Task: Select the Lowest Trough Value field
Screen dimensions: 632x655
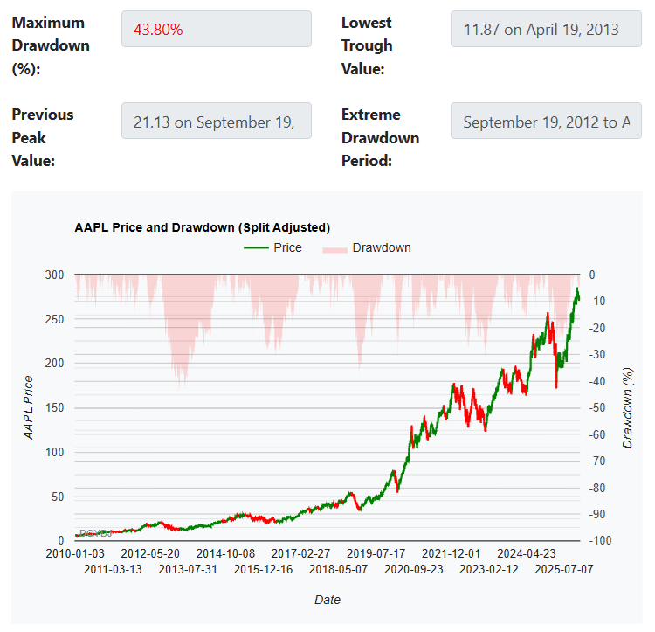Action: pos(546,29)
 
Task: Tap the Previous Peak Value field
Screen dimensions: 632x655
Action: pos(216,122)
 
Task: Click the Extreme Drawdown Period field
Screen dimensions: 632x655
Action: pos(546,122)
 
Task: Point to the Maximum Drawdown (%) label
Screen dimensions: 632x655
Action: pos(51,45)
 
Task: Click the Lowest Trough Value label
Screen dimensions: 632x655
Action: pos(367,45)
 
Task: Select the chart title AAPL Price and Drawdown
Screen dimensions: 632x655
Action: pos(203,227)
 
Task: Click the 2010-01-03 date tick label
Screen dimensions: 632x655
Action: pos(76,553)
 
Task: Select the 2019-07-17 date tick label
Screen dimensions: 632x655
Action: pos(376,553)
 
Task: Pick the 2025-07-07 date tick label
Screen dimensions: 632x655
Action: pos(564,569)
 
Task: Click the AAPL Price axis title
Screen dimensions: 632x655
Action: pos(29,406)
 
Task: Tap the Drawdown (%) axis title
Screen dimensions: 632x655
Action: pos(627,408)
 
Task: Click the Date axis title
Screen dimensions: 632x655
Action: pos(327,600)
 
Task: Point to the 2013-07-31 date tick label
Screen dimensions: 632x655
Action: pos(188,569)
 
